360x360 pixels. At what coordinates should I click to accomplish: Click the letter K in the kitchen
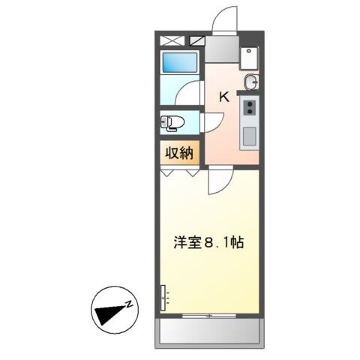point(223,97)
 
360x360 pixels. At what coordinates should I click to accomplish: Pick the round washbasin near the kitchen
point(250,82)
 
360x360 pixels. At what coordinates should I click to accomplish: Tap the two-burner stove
point(248,107)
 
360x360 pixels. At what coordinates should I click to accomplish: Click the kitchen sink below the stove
point(248,136)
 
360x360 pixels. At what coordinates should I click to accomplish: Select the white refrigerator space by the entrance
point(250,57)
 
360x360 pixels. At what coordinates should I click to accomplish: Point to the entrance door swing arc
point(223,19)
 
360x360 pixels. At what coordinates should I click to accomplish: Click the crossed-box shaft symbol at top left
point(172,40)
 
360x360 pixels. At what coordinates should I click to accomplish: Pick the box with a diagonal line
point(198,40)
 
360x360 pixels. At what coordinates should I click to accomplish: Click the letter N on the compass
point(129,304)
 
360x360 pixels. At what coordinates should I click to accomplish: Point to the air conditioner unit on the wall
point(162,298)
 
